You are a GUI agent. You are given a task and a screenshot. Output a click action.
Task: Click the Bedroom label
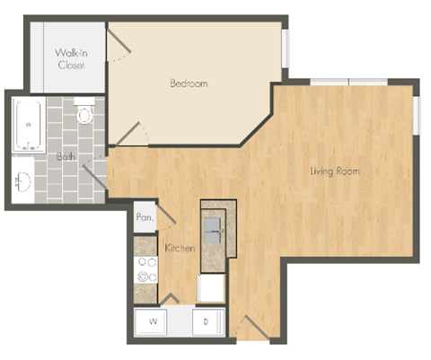point(189,83)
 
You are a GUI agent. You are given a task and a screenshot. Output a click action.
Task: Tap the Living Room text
point(335,171)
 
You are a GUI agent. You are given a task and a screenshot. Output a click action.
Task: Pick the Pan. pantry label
point(142,217)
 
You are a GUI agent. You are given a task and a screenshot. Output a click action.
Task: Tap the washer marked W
point(154,320)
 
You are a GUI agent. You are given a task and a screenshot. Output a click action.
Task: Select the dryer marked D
point(206,320)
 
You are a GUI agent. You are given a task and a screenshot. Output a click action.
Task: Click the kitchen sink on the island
point(215,224)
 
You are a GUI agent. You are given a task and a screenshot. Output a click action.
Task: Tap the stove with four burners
point(145,268)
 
